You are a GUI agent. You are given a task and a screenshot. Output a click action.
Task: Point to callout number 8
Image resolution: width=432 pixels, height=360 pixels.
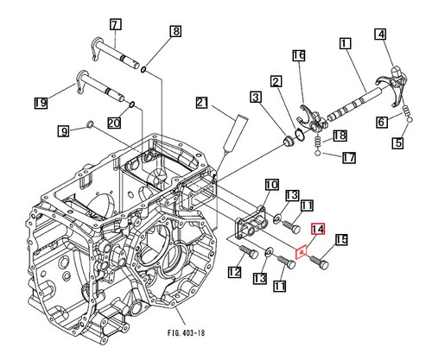coord(175,32)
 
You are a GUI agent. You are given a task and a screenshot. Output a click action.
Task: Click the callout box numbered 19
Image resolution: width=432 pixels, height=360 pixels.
coord(40,104)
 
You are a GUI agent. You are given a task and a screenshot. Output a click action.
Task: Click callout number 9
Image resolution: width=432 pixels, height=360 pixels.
coord(63,131)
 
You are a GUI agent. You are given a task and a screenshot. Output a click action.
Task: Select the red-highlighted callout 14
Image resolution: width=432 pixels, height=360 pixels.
coord(317,229)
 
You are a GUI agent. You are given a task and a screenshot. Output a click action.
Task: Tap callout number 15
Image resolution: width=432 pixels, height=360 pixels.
coord(340,240)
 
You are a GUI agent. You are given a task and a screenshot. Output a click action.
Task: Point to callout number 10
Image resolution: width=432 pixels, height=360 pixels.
coord(270,185)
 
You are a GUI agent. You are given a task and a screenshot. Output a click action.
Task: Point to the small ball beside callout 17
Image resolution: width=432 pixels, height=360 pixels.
coord(321,156)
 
